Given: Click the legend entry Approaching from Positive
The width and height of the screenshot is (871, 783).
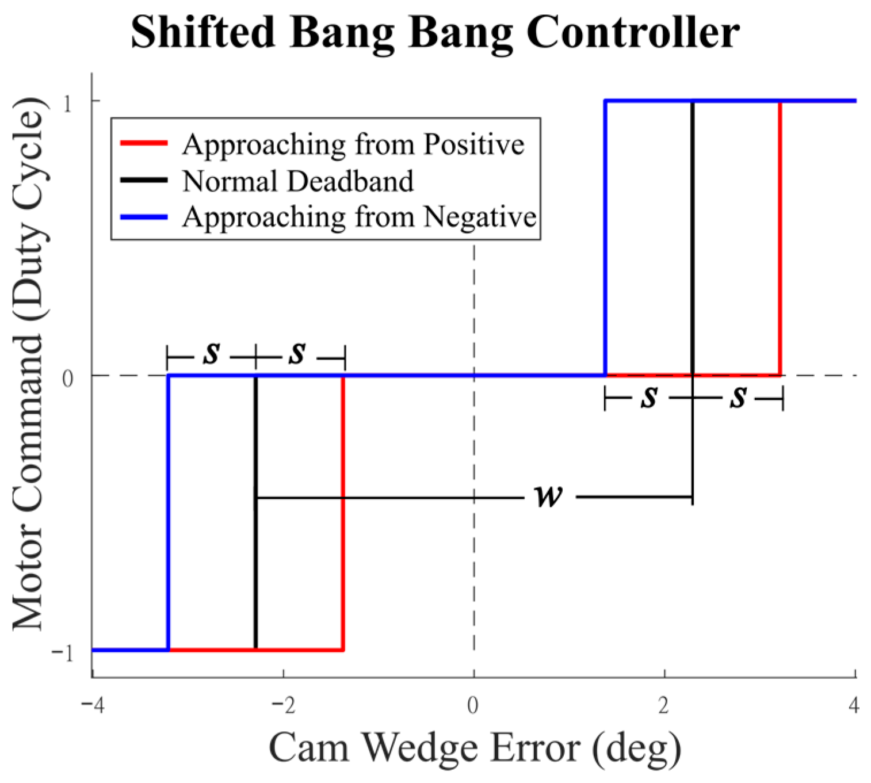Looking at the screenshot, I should click(353, 144).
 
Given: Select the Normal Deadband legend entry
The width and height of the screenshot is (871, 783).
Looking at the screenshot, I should click(298, 181).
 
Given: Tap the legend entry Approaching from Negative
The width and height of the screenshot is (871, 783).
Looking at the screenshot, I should click(360, 217).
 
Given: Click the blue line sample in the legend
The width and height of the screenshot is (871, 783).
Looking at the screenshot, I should click(143, 217).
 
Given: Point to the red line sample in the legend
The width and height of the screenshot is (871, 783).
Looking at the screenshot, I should click(143, 143).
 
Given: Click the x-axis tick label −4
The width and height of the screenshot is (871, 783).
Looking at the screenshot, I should click(92, 705).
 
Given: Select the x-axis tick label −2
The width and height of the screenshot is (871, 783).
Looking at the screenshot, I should click(282, 705).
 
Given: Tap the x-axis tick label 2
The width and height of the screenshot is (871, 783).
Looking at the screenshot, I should click(664, 705).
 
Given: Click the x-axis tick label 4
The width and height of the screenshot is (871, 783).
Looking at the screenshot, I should click(854, 705).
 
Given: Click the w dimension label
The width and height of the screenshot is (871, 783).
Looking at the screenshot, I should click(548, 496).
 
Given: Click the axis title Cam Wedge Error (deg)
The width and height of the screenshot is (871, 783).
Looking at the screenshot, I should click(475, 747).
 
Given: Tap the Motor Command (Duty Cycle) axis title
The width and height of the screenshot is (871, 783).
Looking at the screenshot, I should click(28, 365).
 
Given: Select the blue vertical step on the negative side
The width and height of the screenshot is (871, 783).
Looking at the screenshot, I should click(168, 512).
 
